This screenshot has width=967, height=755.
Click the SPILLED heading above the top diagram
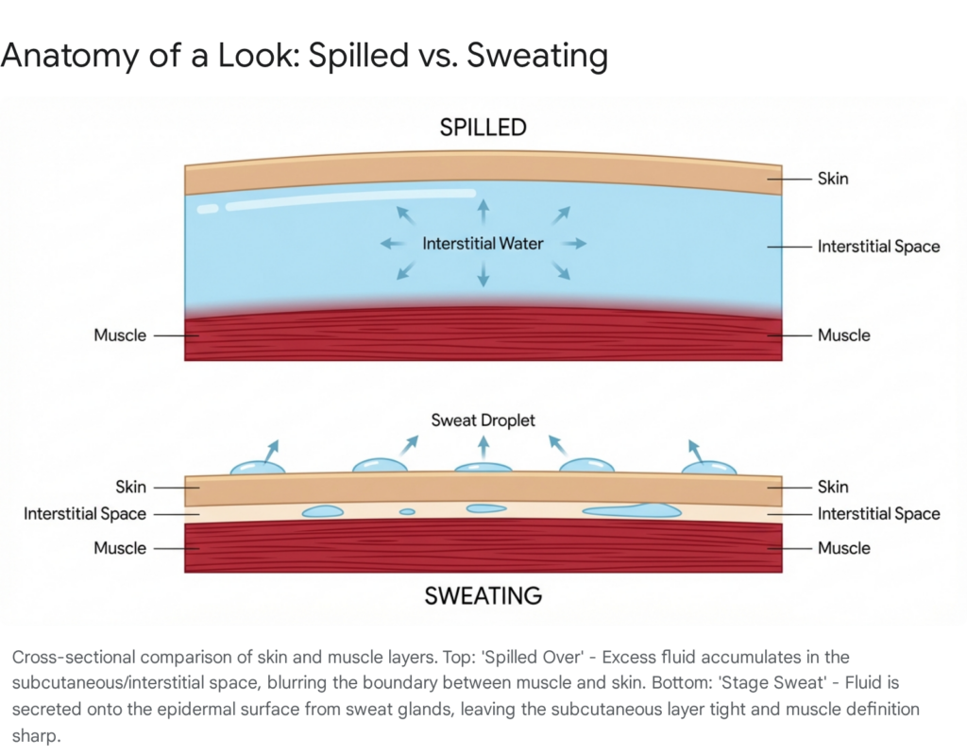pos(483,128)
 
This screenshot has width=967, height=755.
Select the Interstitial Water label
pos(483,244)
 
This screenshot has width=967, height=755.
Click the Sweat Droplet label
pos(483,420)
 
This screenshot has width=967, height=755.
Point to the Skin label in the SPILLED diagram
pos(832,178)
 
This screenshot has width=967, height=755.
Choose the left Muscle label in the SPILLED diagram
pos(120,335)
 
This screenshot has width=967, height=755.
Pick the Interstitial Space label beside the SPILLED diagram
pos(878,247)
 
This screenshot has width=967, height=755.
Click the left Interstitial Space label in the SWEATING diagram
pos(85,514)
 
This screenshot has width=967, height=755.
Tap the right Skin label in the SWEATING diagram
pos(832,487)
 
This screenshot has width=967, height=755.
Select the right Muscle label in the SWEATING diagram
pos(843,548)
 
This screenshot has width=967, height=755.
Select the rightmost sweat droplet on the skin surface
pos(709,467)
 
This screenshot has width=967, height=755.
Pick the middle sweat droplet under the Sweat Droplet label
pos(483,467)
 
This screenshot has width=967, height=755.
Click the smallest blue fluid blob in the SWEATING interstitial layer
pos(407,512)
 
